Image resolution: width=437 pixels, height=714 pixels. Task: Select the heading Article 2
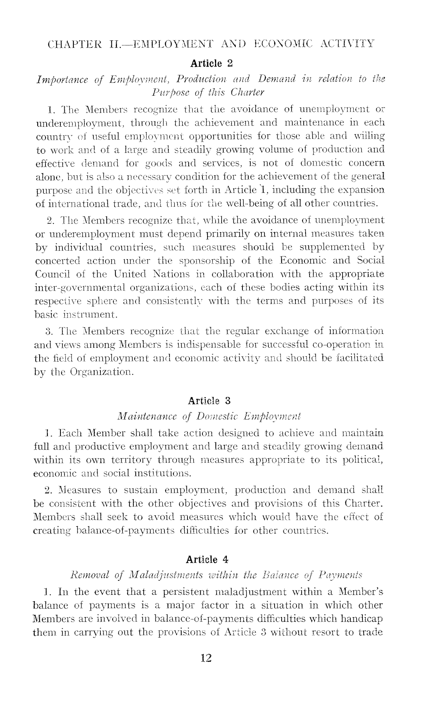[x=211, y=63]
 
